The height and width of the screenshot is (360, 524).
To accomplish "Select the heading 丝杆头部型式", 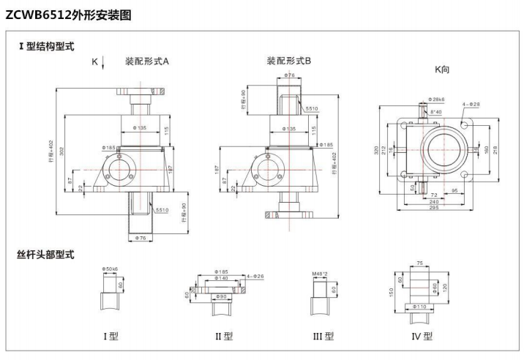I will (46, 255).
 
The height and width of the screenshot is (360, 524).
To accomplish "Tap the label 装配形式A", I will (146, 62).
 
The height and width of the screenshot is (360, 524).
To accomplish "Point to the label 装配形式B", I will (288, 62).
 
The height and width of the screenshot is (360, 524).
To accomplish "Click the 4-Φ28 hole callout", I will (471, 105).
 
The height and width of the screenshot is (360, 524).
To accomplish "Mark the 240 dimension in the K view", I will (435, 202).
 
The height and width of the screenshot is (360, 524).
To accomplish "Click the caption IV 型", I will (422, 337).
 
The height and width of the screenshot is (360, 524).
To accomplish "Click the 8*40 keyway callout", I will (436, 111).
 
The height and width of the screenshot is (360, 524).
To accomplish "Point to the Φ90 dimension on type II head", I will (221, 296).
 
